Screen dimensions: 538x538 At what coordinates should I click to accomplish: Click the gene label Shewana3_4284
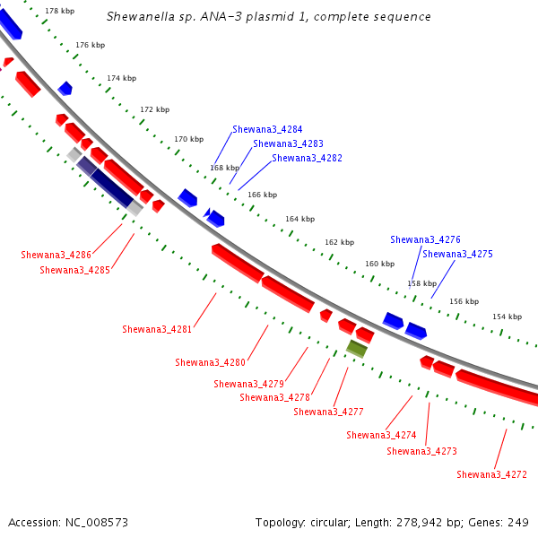pyautogui.click(x=267, y=129)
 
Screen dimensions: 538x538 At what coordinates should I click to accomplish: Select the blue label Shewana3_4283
pyautogui.click(x=288, y=143)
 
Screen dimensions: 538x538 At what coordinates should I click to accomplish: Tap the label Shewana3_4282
pyautogui.click(x=307, y=158)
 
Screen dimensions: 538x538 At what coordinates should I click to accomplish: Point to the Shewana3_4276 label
pyautogui.click(x=425, y=239)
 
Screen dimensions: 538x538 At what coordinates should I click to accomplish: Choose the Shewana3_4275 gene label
pyautogui.click(x=457, y=254)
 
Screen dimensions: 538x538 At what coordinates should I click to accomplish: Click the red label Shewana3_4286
pyautogui.click(x=56, y=255)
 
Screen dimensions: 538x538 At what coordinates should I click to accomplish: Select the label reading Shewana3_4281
pyautogui.click(x=157, y=329)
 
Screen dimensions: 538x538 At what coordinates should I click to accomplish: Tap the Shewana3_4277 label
pyautogui.click(x=328, y=412)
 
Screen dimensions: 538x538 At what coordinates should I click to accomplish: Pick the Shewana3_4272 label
pyautogui.click(x=491, y=474)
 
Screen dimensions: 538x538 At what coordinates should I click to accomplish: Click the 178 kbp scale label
pyautogui.click(x=60, y=11)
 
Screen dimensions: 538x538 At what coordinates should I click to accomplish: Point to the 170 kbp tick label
pyautogui.click(x=188, y=139)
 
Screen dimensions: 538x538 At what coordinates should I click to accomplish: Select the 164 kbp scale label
pyautogui.click(x=299, y=219)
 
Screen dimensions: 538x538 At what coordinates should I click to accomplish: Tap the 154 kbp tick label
pyautogui.click(x=508, y=317)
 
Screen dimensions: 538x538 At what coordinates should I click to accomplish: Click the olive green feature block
pyautogui.click(x=357, y=349)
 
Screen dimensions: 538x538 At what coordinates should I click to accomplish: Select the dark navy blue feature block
pyautogui.click(x=112, y=188)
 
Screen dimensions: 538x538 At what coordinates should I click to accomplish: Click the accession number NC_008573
pyautogui.click(x=97, y=523)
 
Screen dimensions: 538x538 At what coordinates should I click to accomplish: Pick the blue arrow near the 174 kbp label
pyautogui.click(x=65, y=88)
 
